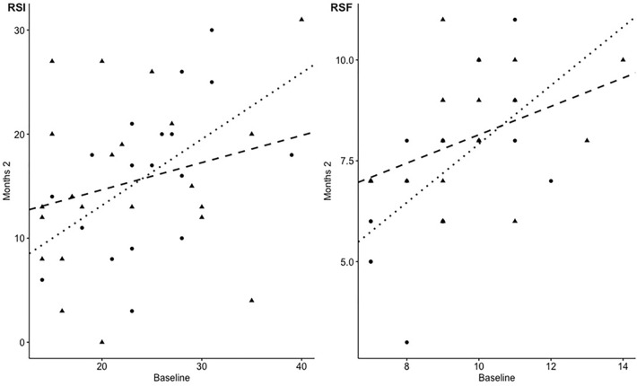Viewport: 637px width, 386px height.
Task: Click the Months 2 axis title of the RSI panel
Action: pos(7,180)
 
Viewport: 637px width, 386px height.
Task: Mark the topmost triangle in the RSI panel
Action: pos(301,19)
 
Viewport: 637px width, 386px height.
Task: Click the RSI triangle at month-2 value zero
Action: pos(102,342)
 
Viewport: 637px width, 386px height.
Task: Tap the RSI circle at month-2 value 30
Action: pos(212,30)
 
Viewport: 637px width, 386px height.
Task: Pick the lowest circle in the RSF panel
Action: pos(406,342)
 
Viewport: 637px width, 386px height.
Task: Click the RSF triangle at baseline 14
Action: pos(623,60)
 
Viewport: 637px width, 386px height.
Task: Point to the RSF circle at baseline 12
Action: pos(551,180)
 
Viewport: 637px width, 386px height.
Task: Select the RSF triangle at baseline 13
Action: pos(587,141)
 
